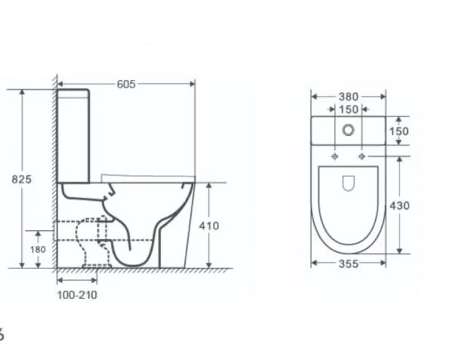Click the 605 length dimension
(126, 85)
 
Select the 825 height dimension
(21, 180)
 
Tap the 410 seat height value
(209, 226)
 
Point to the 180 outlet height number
(38, 249)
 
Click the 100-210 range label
(77, 295)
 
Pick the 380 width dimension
(348, 97)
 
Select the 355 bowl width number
(348, 263)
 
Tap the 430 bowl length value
(399, 206)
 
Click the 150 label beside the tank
(399, 131)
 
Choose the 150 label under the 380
(348, 109)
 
